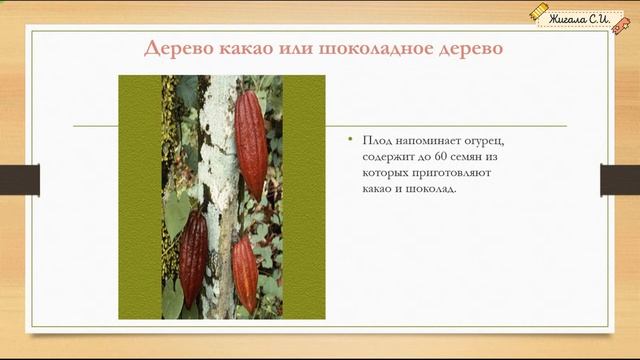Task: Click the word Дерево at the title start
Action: point(178,49)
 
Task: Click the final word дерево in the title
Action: point(467,49)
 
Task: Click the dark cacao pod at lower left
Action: point(193,259)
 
